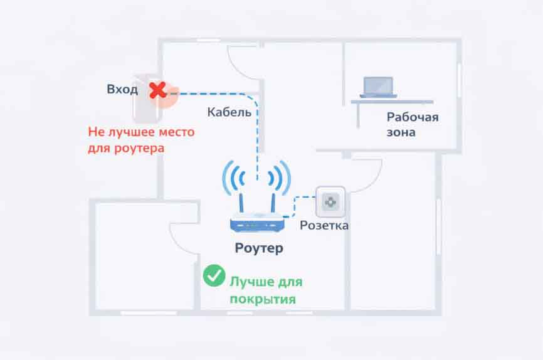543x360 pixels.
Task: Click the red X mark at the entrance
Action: point(157,91)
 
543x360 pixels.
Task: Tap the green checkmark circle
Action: point(214,275)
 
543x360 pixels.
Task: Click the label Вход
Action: point(122,90)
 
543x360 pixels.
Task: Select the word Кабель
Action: point(229,113)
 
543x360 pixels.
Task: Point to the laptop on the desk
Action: point(378,87)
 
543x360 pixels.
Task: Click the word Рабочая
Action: point(412,117)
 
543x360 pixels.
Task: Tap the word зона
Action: point(401,133)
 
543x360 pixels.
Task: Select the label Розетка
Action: point(324,225)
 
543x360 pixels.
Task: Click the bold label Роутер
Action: point(259,248)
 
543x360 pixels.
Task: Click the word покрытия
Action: point(262,299)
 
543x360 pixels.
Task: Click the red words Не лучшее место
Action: point(141,133)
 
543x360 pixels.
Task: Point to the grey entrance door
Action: point(144,100)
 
